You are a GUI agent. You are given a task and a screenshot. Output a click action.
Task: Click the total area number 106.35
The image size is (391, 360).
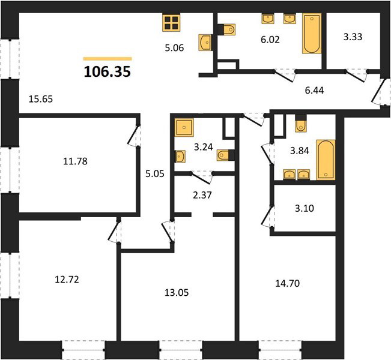pos(108,72)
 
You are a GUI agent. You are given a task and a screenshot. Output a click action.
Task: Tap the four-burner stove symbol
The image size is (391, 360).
pos(171,23)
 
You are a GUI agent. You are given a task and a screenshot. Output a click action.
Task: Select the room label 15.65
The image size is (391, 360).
pos(41,99)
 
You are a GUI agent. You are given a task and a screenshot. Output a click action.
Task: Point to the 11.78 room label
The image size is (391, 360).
pos(75,161)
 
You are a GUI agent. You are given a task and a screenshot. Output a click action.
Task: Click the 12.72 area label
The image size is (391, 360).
pos(67,280)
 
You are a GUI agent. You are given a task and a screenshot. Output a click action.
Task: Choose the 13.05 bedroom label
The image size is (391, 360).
pos(177,292)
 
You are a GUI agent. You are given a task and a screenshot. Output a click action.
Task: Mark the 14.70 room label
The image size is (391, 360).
pos(288,284)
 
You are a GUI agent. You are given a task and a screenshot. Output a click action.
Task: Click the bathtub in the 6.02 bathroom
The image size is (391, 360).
pos(312,34)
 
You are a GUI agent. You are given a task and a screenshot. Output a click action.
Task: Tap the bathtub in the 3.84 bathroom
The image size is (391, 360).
pos(326,160)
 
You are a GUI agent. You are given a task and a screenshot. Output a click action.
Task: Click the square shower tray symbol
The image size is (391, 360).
pos(184,127)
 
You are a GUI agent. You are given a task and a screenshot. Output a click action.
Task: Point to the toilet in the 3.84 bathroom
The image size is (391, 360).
pos(301,124)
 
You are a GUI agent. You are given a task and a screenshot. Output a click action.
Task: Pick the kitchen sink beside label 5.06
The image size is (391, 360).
pos(205,43)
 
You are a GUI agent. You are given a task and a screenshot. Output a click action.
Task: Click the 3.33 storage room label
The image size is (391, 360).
pos(353,37)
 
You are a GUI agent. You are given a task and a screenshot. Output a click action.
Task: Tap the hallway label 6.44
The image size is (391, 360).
pos(314,90)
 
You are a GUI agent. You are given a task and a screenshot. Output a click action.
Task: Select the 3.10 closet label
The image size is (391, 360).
pos(305,208)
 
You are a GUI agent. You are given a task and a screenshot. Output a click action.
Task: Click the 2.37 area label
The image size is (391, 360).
pos(202,195)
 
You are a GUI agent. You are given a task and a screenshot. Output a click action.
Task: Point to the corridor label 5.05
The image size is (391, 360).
pos(155,173)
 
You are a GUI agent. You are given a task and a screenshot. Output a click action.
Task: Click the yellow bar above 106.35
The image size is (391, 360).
pos(108,59)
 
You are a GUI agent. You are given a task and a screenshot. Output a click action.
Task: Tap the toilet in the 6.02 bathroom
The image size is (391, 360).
pos(227,29)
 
